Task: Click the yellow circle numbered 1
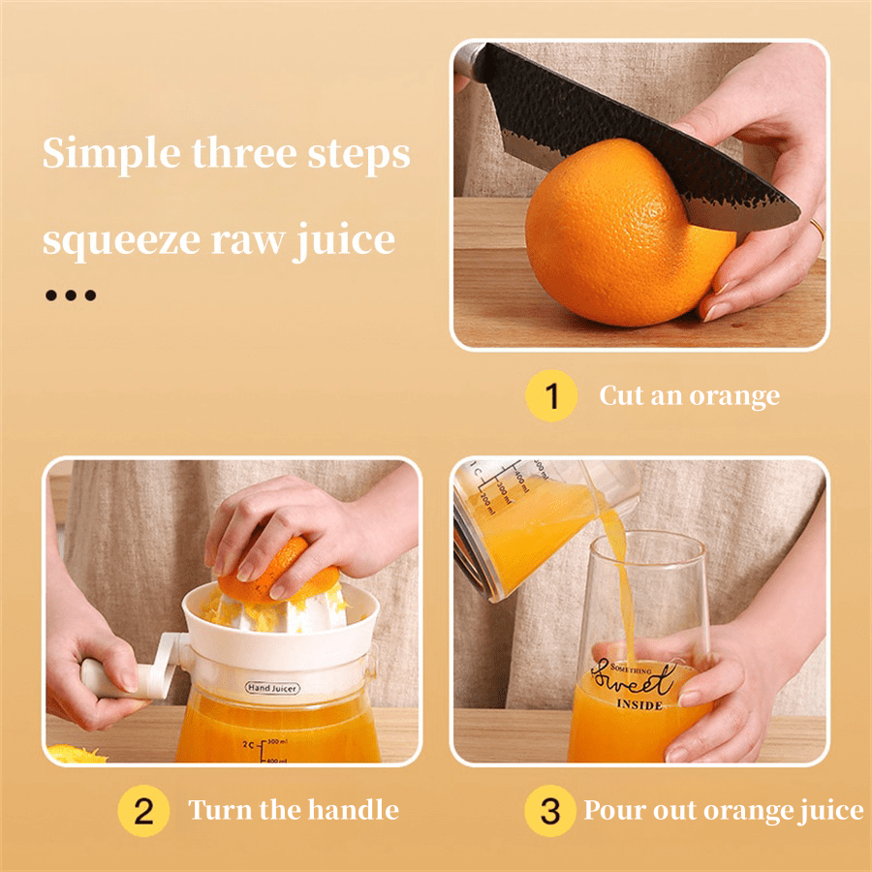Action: pos(550,397)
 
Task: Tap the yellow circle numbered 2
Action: pos(143,811)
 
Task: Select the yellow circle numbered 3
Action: pos(550,811)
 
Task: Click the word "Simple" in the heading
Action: pos(97,155)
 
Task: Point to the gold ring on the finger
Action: pos(817,229)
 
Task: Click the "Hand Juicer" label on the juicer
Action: pos(272,688)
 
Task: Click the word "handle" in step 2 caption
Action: pos(353,810)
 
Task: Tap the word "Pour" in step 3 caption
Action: pos(608,811)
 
